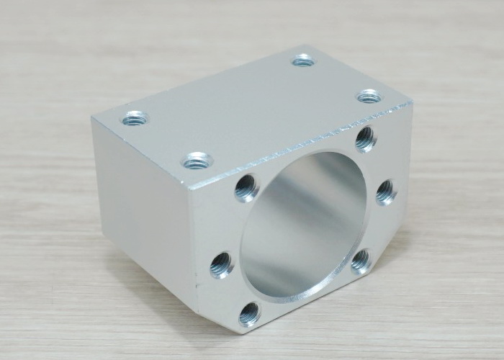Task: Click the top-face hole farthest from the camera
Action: [x=303, y=60]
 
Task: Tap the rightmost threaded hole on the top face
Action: [x=369, y=96]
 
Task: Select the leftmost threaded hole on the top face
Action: [x=135, y=117]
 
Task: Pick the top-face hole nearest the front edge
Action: [x=197, y=160]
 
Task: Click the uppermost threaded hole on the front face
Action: [x=366, y=138]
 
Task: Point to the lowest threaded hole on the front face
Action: [x=249, y=313]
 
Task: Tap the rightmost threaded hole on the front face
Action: [x=386, y=192]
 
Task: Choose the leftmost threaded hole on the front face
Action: [x=222, y=264]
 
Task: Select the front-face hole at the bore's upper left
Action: [x=247, y=189]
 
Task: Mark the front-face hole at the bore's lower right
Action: [x=361, y=260]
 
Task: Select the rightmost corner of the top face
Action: [x=412, y=103]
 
